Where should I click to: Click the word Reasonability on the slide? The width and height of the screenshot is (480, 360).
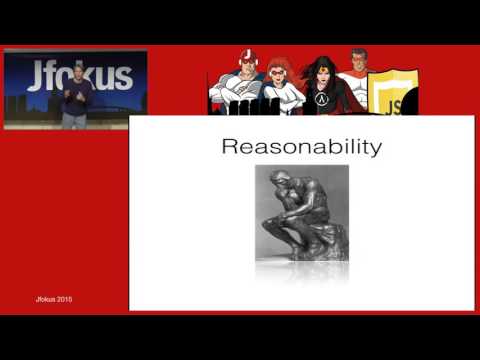tap(301, 146)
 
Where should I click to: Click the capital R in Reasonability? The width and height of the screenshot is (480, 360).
tap(228, 147)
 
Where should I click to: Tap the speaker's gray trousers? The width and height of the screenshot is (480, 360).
tap(74, 119)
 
